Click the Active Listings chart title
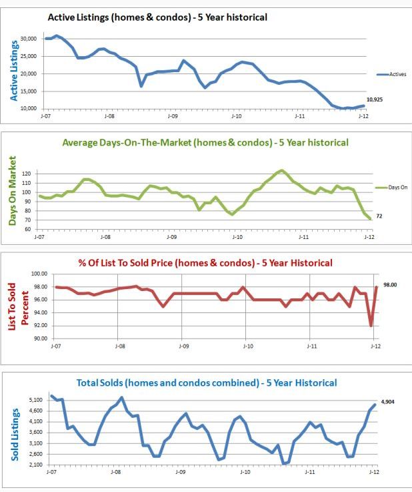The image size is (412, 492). click(x=157, y=16)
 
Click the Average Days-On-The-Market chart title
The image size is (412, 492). click(x=205, y=142)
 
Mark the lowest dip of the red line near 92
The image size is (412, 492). click(x=371, y=326)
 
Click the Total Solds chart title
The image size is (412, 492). click(x=207, y=383)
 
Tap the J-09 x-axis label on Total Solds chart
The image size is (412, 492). click(x=180, y=472)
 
